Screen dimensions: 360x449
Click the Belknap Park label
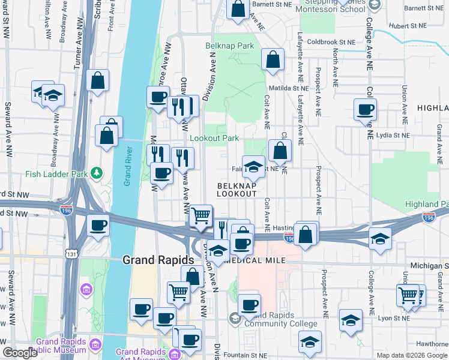click(230, 46)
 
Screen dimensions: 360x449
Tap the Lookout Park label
click(214, 138)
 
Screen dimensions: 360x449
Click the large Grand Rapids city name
click(158, 260)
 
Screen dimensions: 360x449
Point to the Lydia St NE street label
click(390, 136)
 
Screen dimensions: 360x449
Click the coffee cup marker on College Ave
click(366, 110)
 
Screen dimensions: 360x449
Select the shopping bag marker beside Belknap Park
click(273, 60)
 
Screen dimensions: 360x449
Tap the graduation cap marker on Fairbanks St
click(253, 167)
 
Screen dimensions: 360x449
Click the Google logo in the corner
click(20, 353)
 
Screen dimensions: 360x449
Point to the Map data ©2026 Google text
click(411, 355)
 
